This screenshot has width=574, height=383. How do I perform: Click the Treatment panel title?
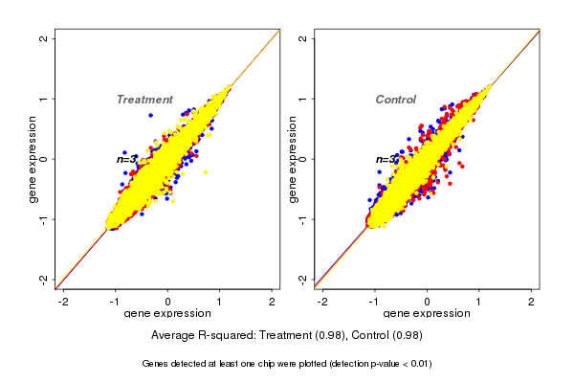click(x=144, y=100)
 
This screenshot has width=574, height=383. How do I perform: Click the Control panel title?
click(x=395, y=100)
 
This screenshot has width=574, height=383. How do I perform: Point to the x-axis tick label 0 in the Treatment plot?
click(x=168, y=302)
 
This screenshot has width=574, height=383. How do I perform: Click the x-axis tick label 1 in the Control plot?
click(x=479, y=302)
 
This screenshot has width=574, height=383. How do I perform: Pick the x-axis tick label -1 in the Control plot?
click(x=373, y=302)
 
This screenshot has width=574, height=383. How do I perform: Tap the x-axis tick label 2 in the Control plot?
click(x=531, y=302)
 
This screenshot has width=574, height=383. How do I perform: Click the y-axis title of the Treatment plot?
click(x=33, y=159)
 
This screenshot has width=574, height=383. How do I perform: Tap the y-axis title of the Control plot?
click(x=292, y=159)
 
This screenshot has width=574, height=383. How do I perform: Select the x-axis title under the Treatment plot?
click(x=167, y=314)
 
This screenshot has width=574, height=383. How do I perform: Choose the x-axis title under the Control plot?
click(x=427, y=314)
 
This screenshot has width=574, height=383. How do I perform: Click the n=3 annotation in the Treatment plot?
click(x=126, y=159)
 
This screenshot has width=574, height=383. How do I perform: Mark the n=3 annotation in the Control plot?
click(x=385, y=159)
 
